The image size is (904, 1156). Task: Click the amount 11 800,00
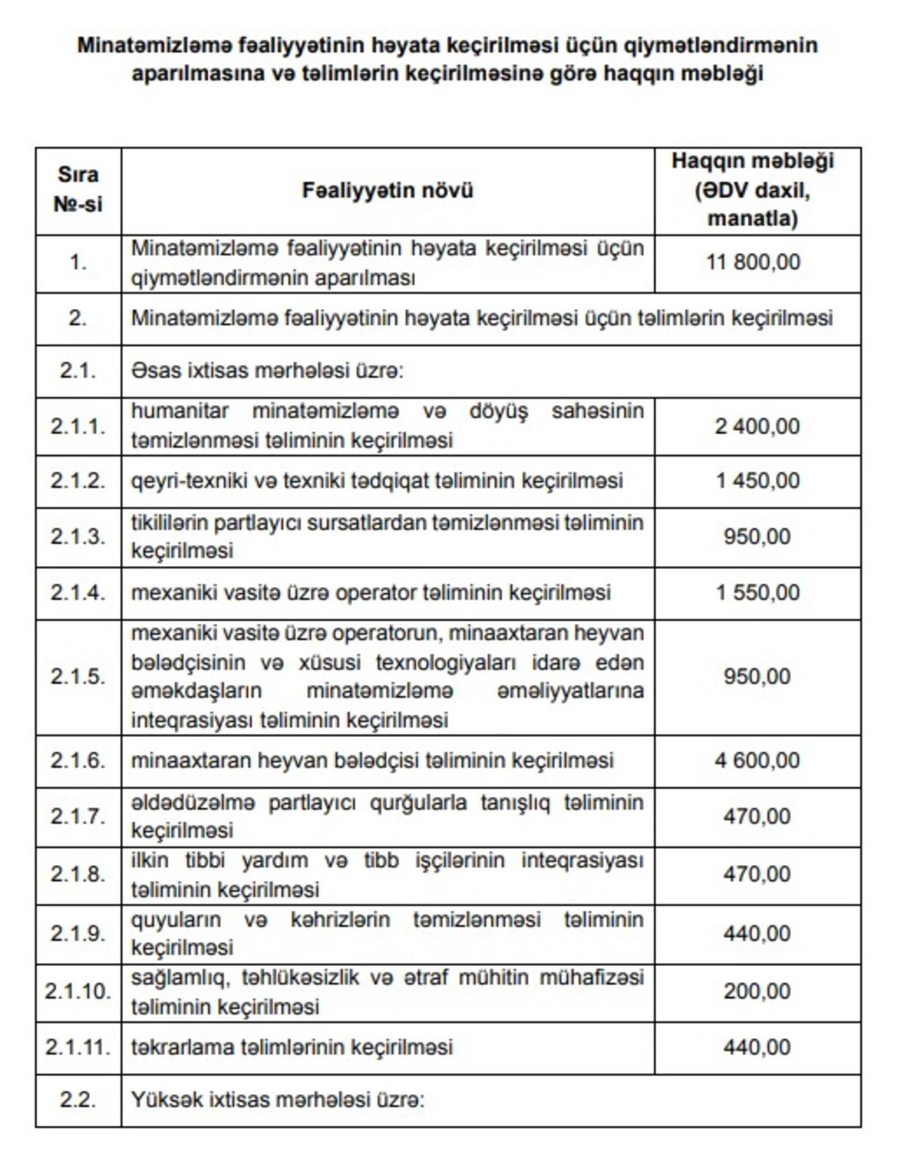[x=753, y=262]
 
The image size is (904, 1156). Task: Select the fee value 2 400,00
[x=756, y=427]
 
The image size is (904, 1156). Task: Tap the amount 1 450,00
[x=757, y=481]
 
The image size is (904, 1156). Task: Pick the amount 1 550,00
[x=757, y=592]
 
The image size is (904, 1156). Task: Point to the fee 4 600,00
[x=756, y=760]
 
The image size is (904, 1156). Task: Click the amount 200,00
[x=756, y=991]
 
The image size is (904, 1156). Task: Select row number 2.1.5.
[x=78, y=676]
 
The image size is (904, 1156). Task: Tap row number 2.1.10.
[x=78, y=991]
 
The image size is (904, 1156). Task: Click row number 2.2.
[x=78, y=1099]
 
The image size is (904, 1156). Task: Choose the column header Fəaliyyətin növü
[x=387, y=190]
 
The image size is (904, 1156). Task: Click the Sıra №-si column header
[x=78, y=189]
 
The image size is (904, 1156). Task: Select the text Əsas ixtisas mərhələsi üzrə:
[x=267, y=372]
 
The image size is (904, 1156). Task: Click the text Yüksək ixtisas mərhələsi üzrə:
[x=278, y=1099]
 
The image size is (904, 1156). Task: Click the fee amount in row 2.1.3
[x=756, y=537]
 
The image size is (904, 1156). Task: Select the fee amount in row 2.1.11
[x=756, y=1047]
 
